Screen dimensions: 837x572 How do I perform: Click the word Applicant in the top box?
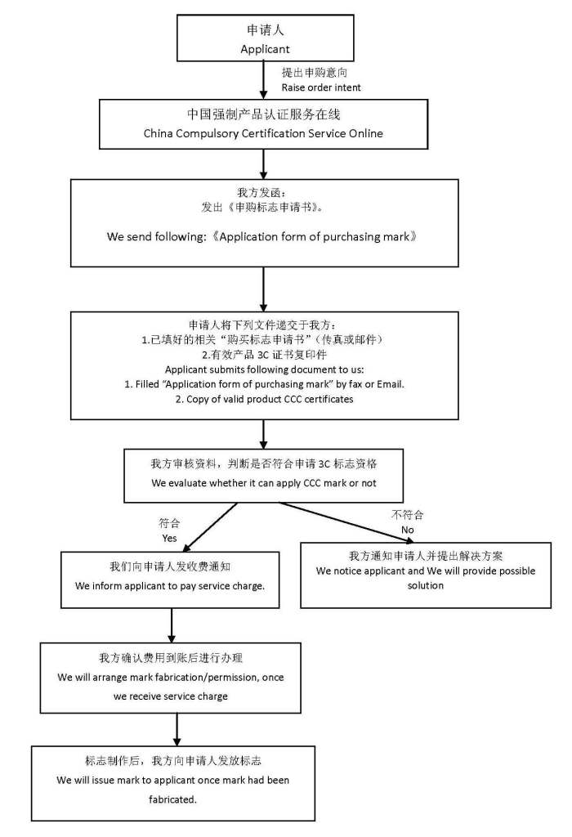[x=265, y=49]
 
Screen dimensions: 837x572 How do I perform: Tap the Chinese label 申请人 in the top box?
[x=265, y=30]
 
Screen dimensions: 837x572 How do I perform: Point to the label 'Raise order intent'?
[x=321, y=87]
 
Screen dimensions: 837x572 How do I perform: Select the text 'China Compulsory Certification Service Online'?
[x=263, y=132]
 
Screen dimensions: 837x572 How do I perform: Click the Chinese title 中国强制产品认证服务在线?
[x=263, y=114]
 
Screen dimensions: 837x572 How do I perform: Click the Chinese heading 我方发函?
[x=263, y=193]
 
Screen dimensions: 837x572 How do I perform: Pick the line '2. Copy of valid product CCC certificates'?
[x=263, y=399]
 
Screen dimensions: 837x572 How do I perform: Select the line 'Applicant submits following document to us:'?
[x=263, y=369]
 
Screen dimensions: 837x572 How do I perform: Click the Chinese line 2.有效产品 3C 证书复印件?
[x=263, y=354]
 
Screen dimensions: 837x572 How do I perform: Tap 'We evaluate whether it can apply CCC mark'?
[x=263, y=483]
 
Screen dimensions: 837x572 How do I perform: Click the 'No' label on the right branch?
[x=407, y=530]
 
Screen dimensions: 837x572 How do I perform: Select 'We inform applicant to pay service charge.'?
[x=170, y=586]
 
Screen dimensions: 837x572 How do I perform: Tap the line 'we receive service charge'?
[x=171, y=696]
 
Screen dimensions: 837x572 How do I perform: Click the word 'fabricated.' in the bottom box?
[x=172, y=799]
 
